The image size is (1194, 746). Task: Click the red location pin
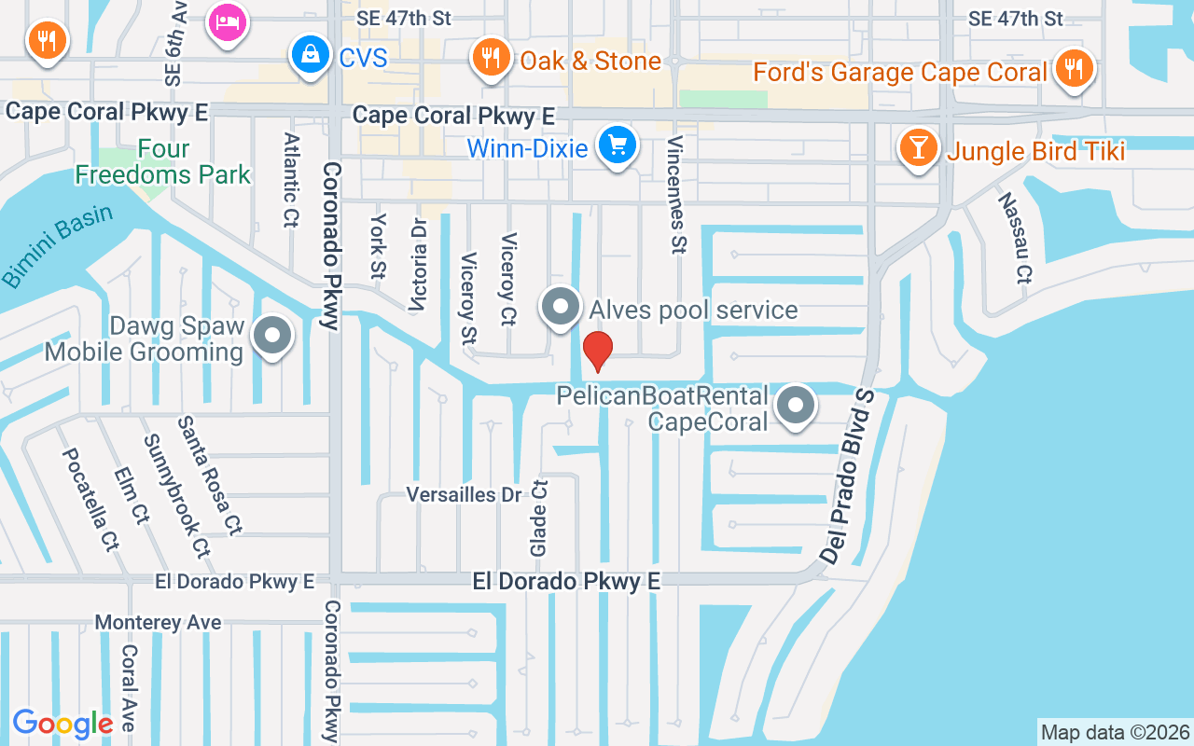pyautogui.click(x=597, y=351)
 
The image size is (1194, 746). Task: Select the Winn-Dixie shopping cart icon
pyautogui.click(x=617, y=145)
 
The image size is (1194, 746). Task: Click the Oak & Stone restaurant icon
pyautogui.click(x=489, y=59)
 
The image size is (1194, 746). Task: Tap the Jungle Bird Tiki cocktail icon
pyautogui.click(x=918, y=147)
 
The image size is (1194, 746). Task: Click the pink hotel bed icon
pyautogui.click(x=226, y=22)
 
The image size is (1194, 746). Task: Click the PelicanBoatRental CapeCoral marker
pyautogui.click(x=796, y=407)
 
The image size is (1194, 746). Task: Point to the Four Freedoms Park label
pyautogui.click(x=163, y=161)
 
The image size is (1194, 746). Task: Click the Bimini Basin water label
pyautogui.click(x=57, y=246)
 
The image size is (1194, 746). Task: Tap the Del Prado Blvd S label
pyautogui.click(x=849, y=476)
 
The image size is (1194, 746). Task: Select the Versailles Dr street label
pyautogui.click(x=463, y=494)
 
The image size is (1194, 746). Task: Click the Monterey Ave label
pyautogui.click(x=159, y=622)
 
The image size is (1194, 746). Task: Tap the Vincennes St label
pyautogui.click(x=676, y=193)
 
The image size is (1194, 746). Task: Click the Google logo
pyautogui.click(x=62, y=723)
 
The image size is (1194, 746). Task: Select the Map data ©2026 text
pyautogui.click(x=1115, y=732)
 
